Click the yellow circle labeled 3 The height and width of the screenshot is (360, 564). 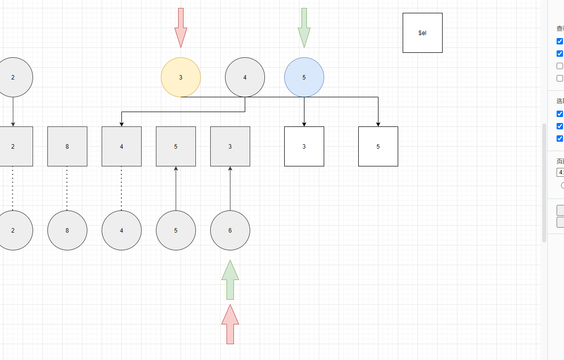[x=181, y=77]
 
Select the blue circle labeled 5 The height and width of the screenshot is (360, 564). [x=304, y=77]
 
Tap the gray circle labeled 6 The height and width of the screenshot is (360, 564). [x=230, y=230]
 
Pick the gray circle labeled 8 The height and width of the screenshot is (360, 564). [x=67, y=230]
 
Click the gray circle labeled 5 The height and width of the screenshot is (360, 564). [x=176, y=230]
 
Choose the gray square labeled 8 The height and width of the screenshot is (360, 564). [x=67, y=146]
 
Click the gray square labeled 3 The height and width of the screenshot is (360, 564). [x=230, y=146]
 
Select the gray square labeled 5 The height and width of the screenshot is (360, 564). [x=176, y=146]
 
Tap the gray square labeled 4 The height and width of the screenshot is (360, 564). [x=121, y=146]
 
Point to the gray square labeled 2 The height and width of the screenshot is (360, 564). [x=15, y=146]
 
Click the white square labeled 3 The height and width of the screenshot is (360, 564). [x=304, y=146]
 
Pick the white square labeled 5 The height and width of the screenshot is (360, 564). [x=378, y=146]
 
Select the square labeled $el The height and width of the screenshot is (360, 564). [x=422, y=33]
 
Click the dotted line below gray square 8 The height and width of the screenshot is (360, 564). [x=67, y=188]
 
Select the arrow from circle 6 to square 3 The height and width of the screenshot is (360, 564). [x=230, y=190]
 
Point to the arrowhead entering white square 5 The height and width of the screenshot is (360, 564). [x=378, y=123]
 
